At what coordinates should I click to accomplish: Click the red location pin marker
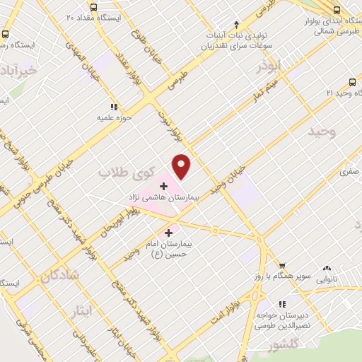point(182,166)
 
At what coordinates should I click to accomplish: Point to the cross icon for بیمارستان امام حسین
point(168,232)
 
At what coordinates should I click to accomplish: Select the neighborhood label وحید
point(322,132)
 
